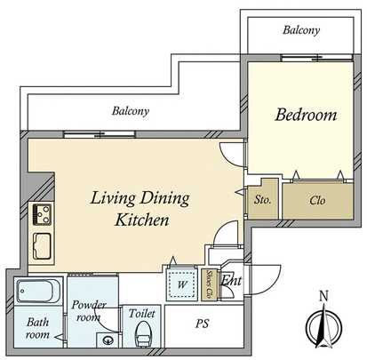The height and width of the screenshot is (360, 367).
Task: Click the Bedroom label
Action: coord(306,115)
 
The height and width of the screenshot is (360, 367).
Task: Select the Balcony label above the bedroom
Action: coord(300,30)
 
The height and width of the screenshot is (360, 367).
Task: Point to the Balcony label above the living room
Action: coord(131,112)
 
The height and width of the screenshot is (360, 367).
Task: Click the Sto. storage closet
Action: coord(263,200)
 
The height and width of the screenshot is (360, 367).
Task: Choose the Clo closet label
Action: coord(316,201)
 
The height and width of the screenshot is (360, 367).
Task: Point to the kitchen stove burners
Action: coord(41,213)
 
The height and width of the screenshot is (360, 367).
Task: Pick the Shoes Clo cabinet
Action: coord(210,284)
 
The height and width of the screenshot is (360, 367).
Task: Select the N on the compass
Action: coord(324,297)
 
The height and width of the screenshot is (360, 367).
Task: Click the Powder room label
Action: coord(89,310)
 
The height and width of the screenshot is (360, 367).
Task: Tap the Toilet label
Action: coord(142,313)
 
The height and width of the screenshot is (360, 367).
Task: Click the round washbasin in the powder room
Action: coord(108,339)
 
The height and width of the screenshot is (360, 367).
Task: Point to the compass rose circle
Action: coord(324,327)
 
